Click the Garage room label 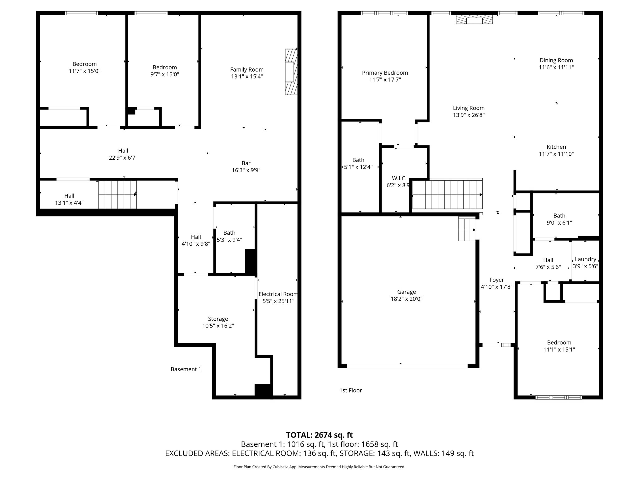point(406,292)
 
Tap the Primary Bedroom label point(385,73)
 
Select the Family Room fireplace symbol point(291,72)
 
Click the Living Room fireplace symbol point(474,19)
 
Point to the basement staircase point(118,194)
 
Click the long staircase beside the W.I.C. point(447,194)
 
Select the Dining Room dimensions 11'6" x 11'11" point(556,67)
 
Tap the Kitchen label point(556,147)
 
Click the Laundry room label point(585,259)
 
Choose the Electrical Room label point(278,294)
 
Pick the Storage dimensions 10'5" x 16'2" point(218,326)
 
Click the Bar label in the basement point(246,163)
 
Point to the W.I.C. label point(399,178)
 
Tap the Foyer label point(497,280)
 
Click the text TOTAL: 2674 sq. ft point(319,435)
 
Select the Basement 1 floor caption point(186,369)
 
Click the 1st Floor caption point(351,390)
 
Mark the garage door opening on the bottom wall point(407,366)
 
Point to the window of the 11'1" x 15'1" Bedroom point(559,397)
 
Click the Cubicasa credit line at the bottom point(319,467)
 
